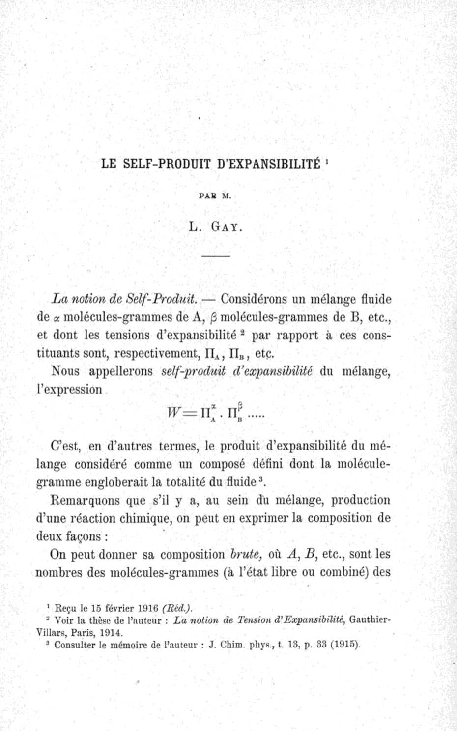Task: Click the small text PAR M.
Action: pyautogui.click(x=215, y=196)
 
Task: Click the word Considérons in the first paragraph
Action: pyautogui.click(x=252, y=299)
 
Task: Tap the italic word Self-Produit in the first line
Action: pyautogui.click(x=162, y=299)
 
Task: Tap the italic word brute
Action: pyautogui.click(x=248, y=555)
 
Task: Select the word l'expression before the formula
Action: pyautogui.click(x=69, y=390)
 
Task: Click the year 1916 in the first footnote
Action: pyautogui.click(x=148, y=608)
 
